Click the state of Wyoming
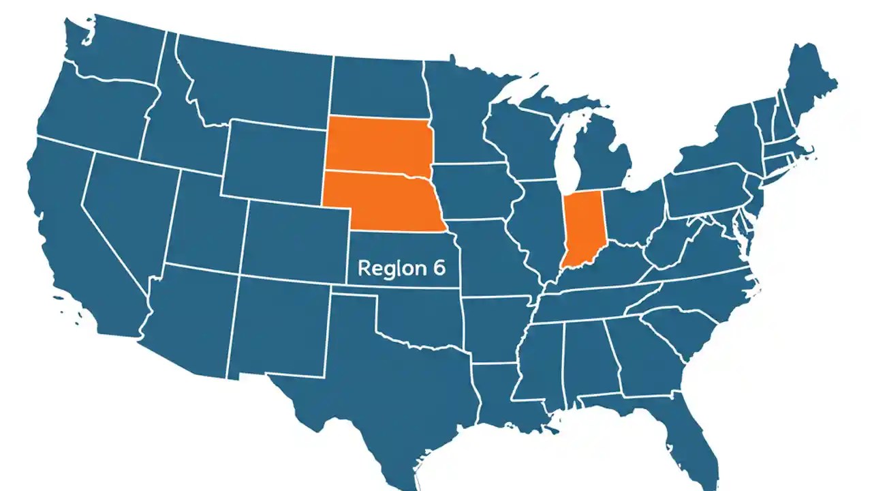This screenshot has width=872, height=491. (x=272, y=160)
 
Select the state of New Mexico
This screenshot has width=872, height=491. (x=279, y=327)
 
